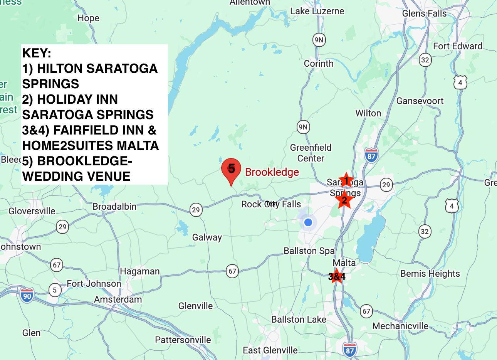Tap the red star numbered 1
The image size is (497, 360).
[346, 180]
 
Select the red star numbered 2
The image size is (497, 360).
[344, 200]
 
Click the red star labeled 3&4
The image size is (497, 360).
[337, 276]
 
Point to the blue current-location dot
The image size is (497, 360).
[308, 222]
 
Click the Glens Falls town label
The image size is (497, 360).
[424, 13]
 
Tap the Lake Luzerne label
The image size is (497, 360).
[317, 11]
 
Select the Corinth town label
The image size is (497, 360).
[319, 63]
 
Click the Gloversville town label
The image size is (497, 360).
[32, 211]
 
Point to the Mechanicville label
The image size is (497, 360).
[400, 326]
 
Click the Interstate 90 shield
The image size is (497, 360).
[27, 296]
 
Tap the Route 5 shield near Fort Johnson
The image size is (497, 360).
[55, 289]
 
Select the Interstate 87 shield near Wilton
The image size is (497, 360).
[371, 156]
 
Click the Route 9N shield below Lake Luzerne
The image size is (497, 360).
[319, 40]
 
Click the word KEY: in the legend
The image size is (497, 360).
[37, 53]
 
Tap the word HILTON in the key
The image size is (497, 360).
[59, 69]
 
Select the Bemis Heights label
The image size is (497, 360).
[430, 274]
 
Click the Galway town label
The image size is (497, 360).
[207, 237]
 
